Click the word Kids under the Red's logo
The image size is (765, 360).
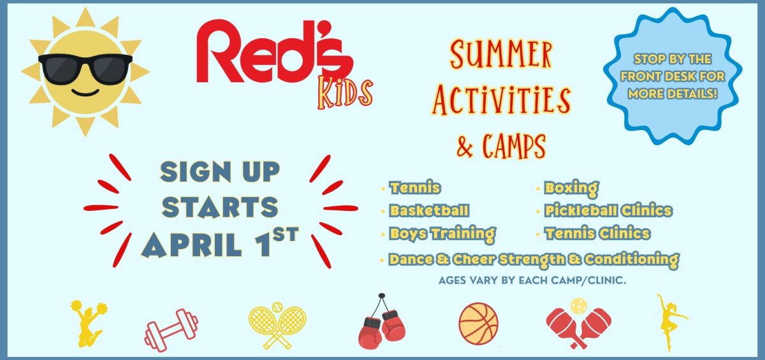coord(345,92)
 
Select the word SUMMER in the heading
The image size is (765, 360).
coord(501,56)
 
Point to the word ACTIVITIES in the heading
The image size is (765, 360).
coord(501,99)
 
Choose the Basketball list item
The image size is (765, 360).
coord(430,210)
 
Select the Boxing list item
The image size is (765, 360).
coord(571,188)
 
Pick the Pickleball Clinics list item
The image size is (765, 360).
coord(608,210)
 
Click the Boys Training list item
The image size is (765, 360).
coord(442,233)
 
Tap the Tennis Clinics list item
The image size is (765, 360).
coord(597,233)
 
